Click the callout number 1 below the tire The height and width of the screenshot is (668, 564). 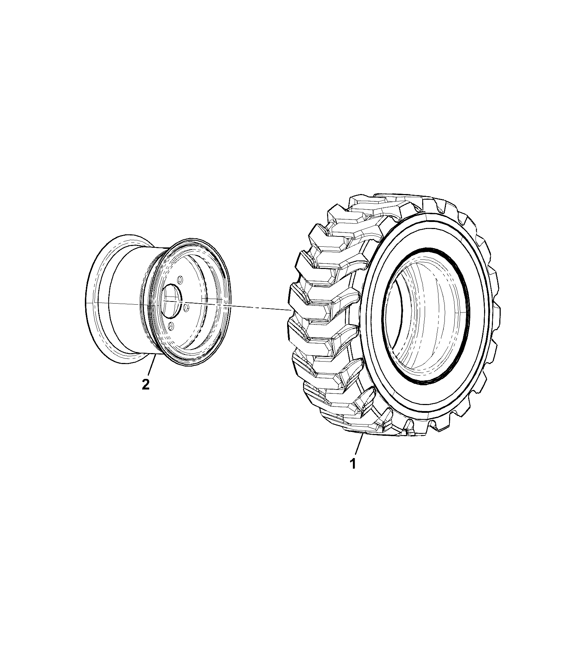coord(352,463)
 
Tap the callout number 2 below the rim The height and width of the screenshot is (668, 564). coord(145,384)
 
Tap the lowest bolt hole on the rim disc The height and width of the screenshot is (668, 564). coord(171,324)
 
